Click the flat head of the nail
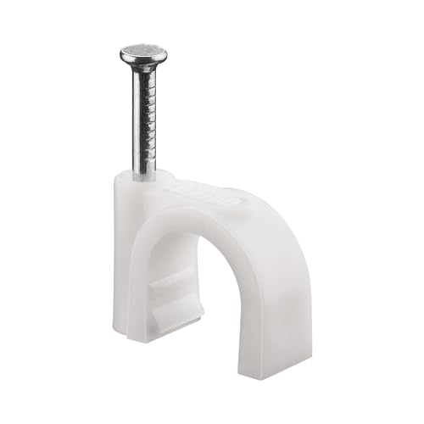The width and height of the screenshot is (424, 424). click(x=143, y=56)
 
